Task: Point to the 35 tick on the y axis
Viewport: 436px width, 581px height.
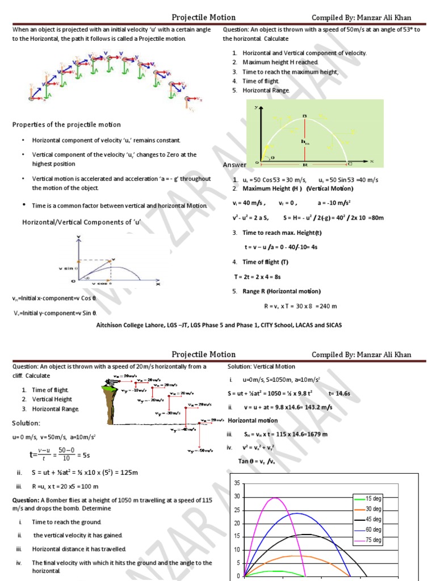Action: (237, 483)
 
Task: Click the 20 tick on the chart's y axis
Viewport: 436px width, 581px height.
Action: (237, 523)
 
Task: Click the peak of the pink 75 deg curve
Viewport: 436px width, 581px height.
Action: (275, 498)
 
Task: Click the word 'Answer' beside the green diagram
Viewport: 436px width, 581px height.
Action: (234, 165)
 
